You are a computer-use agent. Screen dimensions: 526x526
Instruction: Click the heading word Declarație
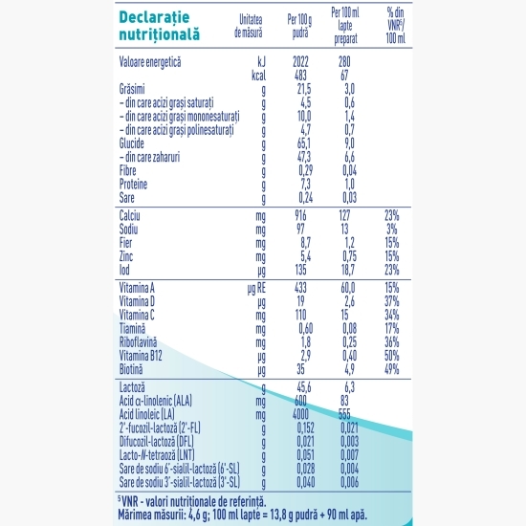tap(154, 17)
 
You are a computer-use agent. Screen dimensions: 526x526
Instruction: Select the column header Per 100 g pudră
tap(299, 26)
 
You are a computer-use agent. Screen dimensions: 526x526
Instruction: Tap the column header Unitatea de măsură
tap(249, 26)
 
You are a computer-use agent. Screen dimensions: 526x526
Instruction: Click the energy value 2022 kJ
tap(300, 62)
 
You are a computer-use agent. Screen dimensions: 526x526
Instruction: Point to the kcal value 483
tap(300, 76)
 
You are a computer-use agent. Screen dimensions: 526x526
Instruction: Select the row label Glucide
tap(132, 143)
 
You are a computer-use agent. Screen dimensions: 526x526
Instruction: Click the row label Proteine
tap(133, 185)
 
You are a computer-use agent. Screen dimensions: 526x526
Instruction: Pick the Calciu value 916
tap(300, 216)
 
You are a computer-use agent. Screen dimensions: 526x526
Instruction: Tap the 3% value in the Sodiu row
tap(392, 230)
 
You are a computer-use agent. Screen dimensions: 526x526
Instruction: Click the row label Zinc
tap(126, 256)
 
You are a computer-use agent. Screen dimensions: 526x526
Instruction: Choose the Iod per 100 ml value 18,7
tap(348, 270)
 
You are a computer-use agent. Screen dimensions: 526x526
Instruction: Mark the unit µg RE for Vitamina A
tap(256, 289)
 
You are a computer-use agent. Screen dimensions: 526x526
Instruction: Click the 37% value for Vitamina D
tap(392, 301)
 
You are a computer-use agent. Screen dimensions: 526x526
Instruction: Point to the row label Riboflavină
tap(138, 342)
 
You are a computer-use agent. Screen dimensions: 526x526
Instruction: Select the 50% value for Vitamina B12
tap(392, 356)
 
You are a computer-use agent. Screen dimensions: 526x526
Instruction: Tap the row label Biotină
tap(131, 369)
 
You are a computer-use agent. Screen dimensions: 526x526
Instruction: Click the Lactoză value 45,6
tap(304, 387)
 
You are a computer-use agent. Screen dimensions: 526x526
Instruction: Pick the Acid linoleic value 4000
tap(300, 414)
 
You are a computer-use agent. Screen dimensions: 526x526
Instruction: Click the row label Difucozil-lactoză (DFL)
tap(156, 442)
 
